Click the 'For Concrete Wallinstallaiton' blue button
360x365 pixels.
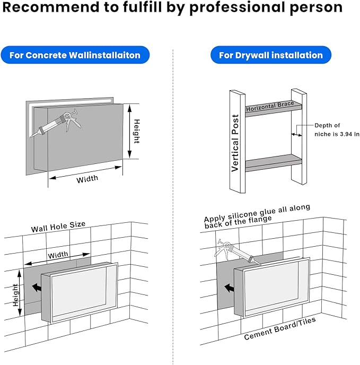pyautogui.click(x=75, y=55)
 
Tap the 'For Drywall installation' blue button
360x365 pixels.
pyautogui.click(x=270, y=55)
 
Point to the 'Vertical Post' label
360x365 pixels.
pyautogui.click(x=235, y=143)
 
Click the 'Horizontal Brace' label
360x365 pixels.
pyautogui.click(x=270, y=107)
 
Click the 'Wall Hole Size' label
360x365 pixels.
pyautogui.click(x=58, y=227)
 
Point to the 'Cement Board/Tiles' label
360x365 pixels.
pyautogui.click(x=280, y=328)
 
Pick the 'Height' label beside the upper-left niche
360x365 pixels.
pyautogui.click(x=137, y=131)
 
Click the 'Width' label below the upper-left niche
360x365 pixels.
pyautogui.click(x=87, y=179)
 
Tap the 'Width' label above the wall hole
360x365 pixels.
pyautogui.click(x=58, y=255)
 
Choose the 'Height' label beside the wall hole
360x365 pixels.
pyautogui.click(x=15, y=295)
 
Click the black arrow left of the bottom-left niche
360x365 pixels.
pyautogui.click(x=37, y=288)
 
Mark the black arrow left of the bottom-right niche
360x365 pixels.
pyautogui.click(x=230, y=288)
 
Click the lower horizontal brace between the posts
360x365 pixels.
pyautogui.click(x=274, y=163)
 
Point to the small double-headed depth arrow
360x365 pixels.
pyautogui.click(x=297, y=135)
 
